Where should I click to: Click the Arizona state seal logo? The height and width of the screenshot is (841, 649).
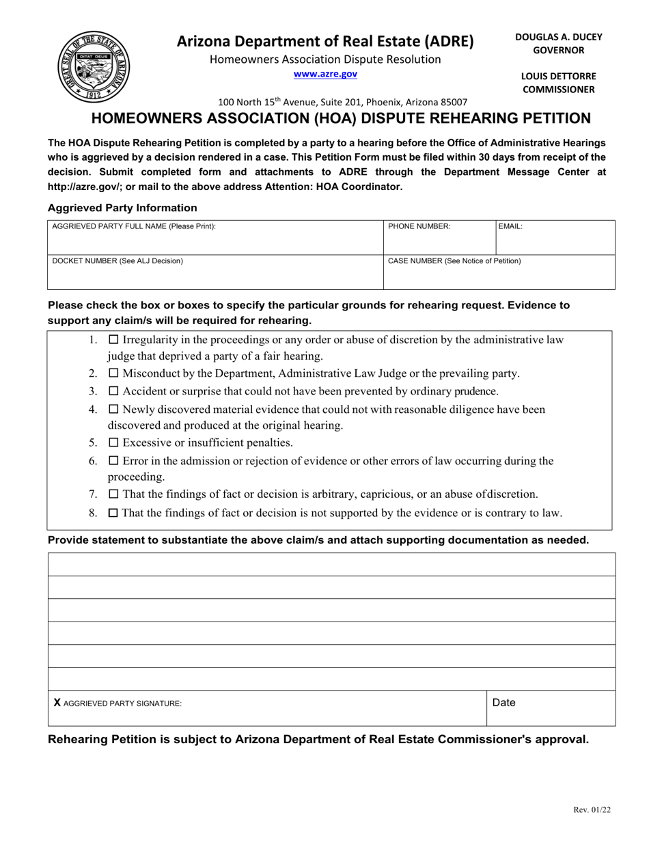93,67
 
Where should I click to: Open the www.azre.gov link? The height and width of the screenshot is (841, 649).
325,75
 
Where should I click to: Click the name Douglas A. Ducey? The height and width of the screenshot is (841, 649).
558,37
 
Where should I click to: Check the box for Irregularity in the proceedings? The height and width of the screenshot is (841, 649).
114,340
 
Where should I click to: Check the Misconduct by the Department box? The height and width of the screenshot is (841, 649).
114,374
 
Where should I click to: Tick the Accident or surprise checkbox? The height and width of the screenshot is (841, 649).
114,392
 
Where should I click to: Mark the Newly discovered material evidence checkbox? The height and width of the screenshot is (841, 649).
114,410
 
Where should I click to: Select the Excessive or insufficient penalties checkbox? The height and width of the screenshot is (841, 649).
114,443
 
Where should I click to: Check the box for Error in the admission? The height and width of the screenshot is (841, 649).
114,462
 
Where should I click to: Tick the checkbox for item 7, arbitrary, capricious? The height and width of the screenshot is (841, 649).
114,494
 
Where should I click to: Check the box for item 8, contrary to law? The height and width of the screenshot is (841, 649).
114,513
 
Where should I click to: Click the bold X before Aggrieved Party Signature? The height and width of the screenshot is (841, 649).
57,702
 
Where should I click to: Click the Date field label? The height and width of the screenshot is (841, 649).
503,702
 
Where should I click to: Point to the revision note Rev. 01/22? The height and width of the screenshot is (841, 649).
592,810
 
